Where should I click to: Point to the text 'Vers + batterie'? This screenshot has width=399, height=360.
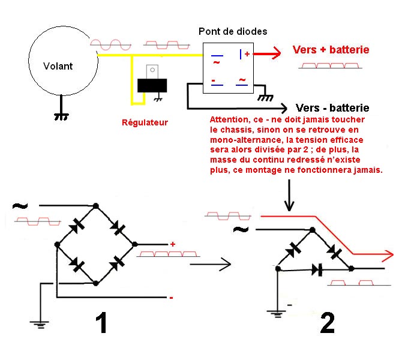tap(331, 50)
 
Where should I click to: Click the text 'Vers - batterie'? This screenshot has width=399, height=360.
tap(333, 108)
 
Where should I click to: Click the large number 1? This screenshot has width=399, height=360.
tap(101, 323)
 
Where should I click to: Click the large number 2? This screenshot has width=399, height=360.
tap(326, 323)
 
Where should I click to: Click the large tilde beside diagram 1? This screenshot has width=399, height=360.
tap(20, 206)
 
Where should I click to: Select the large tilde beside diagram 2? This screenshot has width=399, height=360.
tap(241, 230)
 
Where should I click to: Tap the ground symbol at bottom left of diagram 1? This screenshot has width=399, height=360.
tap(40, 324)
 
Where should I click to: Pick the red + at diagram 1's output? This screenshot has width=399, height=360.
tap(172, 244)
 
